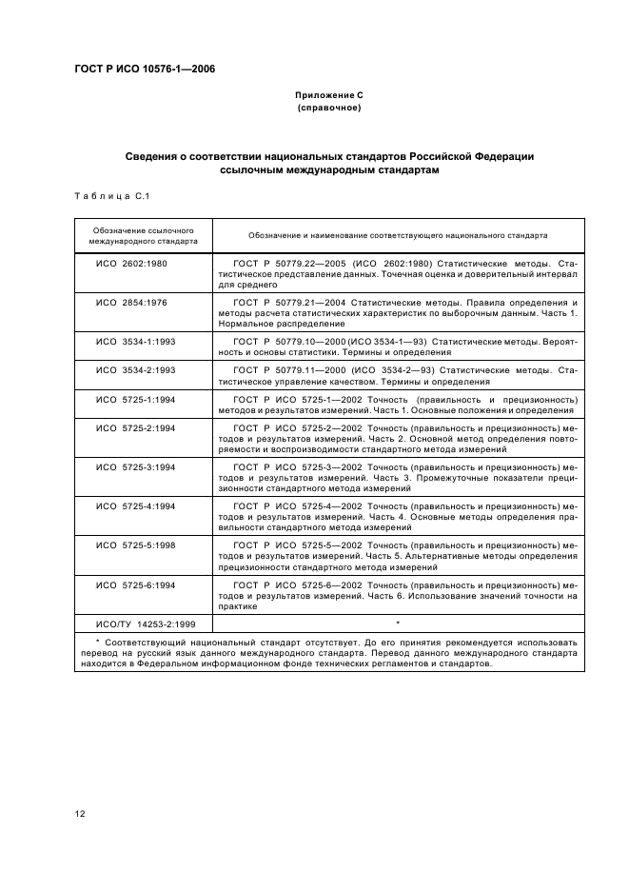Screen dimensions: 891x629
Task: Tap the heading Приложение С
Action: (328, 96)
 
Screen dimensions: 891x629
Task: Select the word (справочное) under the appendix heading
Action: (328, 109)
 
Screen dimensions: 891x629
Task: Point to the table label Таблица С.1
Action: (112, 196)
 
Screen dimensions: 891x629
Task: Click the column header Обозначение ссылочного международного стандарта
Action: (144, 236)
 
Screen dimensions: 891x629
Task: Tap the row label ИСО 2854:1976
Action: (132, 302)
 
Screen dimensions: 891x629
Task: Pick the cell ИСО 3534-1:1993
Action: (136, 341)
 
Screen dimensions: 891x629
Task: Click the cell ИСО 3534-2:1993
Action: (136, 368)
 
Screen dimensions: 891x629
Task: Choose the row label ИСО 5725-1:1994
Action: (136, 397)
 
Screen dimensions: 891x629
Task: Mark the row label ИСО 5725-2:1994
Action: (136, 428)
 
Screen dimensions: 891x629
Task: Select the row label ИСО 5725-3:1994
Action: (136, 467)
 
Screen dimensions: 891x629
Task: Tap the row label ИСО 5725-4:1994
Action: (136, 506)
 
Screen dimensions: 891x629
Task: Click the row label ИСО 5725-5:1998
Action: (136, 545)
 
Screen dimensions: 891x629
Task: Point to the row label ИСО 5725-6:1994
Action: (136, 584)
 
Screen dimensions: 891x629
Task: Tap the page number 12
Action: (79, 812)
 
